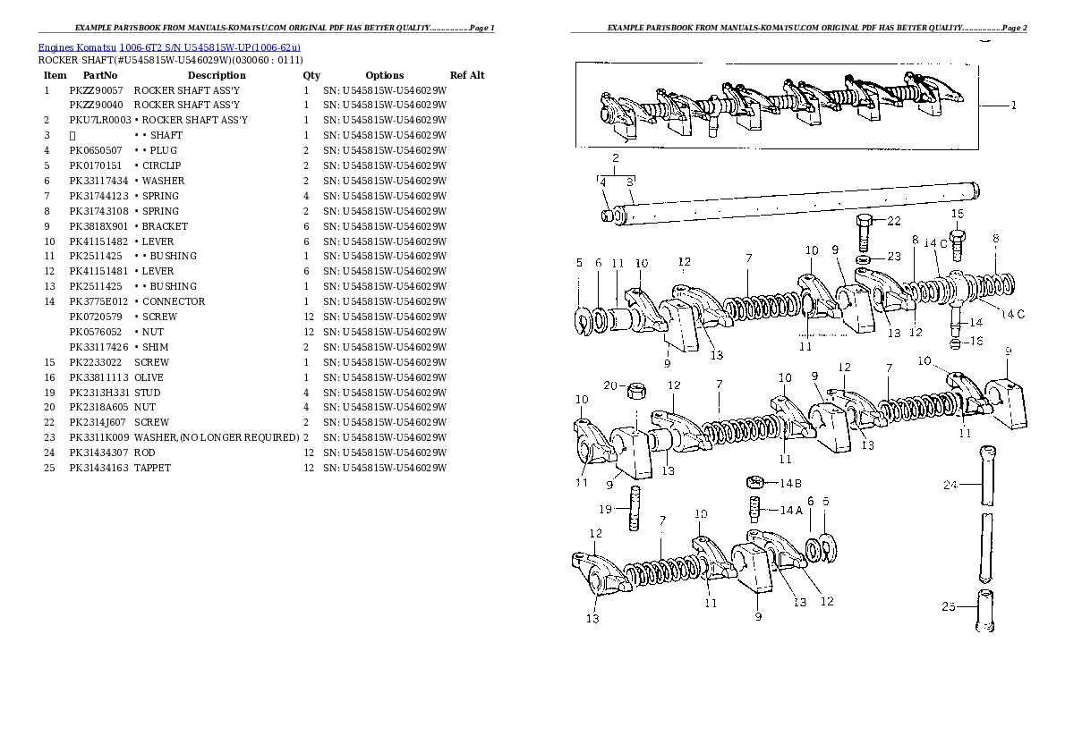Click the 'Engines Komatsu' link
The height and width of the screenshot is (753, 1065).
pos(77,47)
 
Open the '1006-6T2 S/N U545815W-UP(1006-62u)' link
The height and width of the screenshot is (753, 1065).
pos(210,47)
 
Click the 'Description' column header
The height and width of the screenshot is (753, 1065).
pos(217,75)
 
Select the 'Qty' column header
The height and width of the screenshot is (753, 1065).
pos(311,75)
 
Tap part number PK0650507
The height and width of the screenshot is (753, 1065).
pos(96,151)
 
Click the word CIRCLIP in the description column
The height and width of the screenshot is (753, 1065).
pos(162,165)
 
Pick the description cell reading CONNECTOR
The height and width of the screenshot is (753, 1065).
pos(174,301)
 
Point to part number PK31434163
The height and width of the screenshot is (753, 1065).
pos(98,468)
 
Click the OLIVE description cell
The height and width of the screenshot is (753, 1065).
pos(149,377)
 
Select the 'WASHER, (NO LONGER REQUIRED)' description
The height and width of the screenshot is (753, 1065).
pos(217,437)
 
